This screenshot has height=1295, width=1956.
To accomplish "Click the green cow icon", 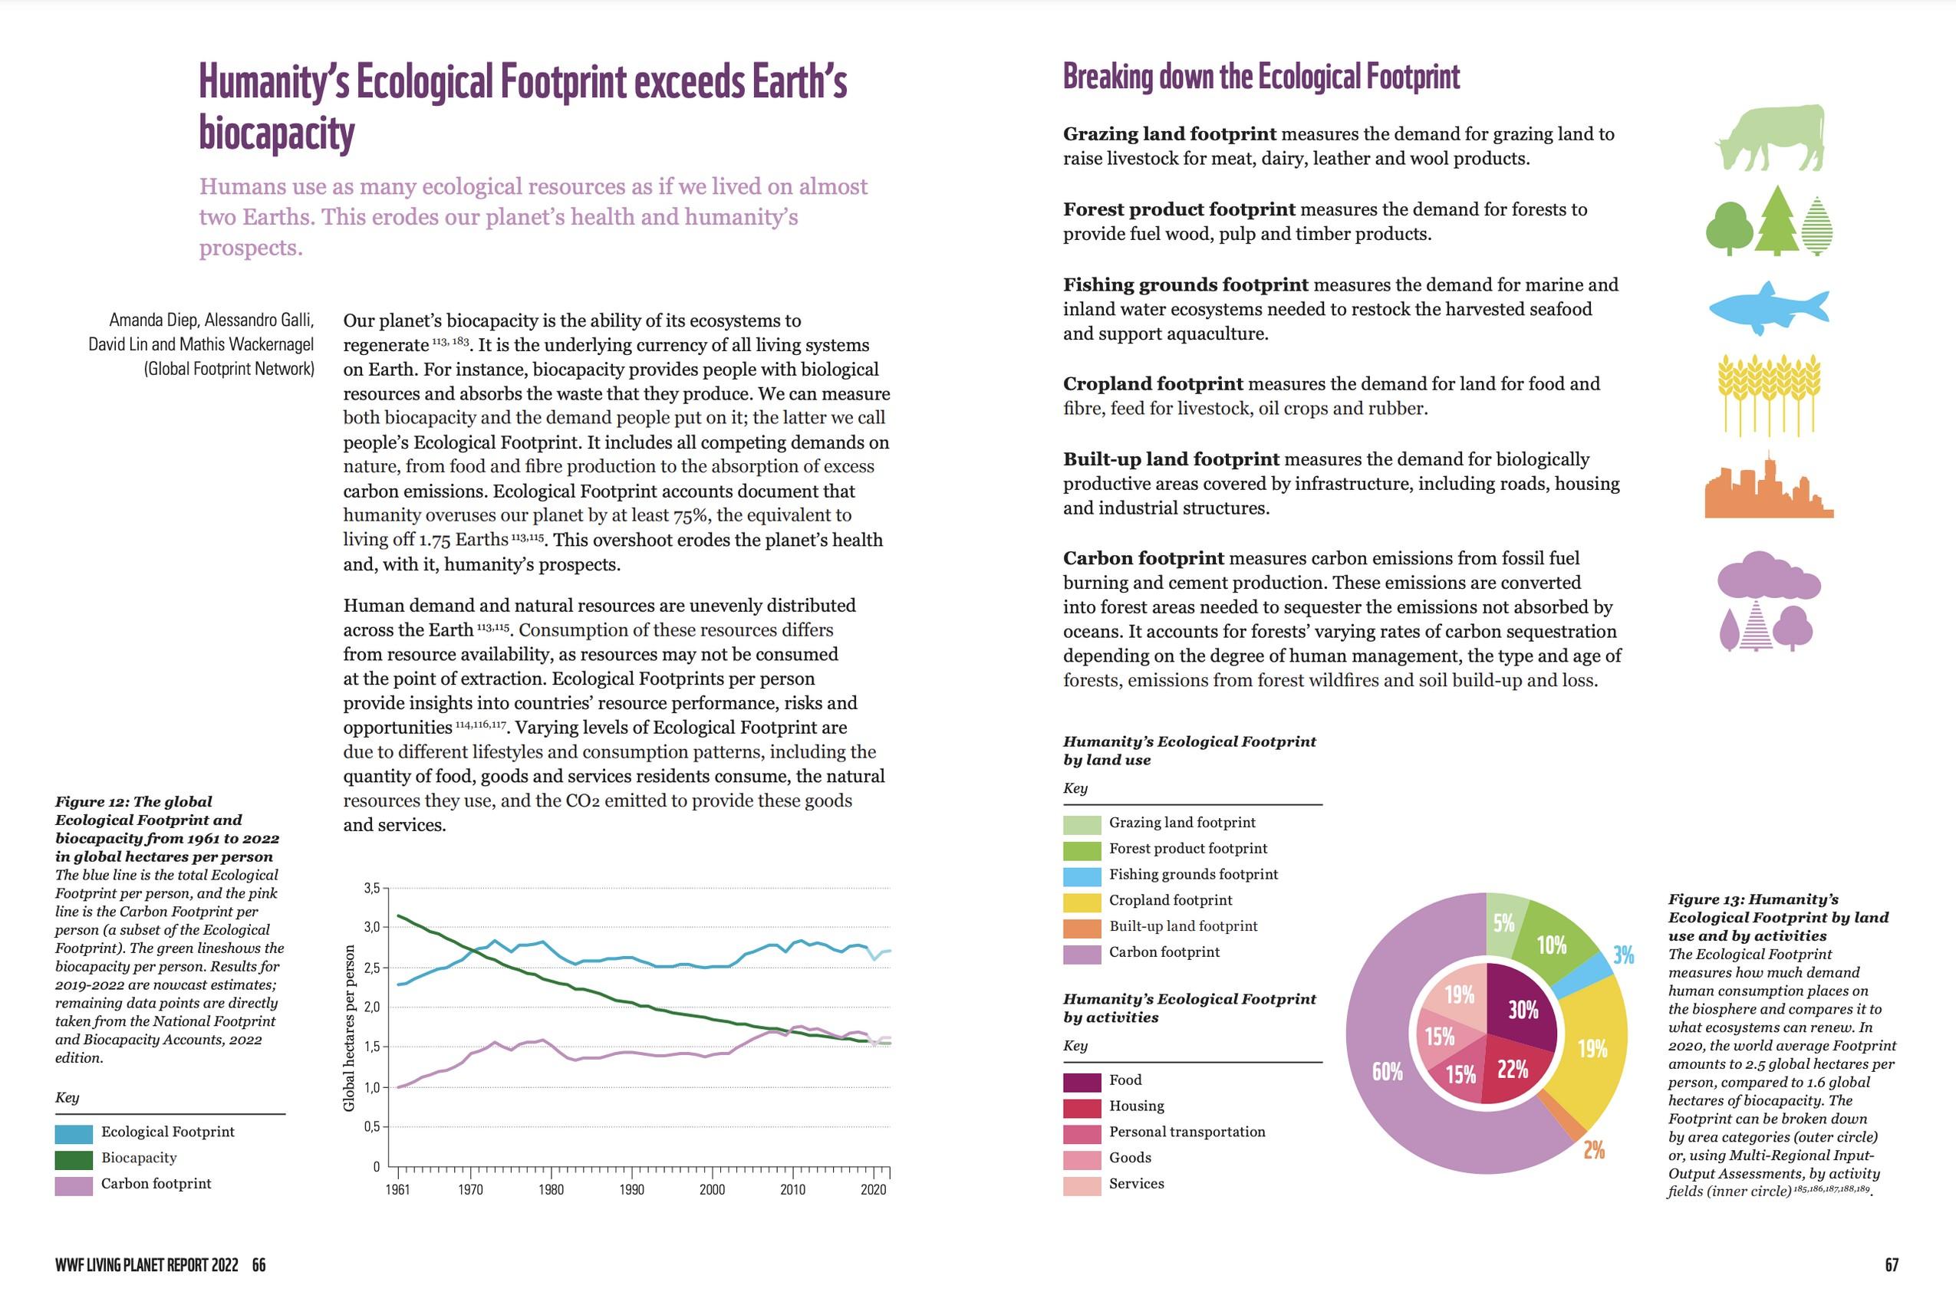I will pyautogui.click(x=1770, y=138).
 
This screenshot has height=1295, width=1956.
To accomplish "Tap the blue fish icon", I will pyautogui.click(x=1767, y=309).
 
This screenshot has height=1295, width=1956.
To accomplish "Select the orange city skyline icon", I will pyautogui.click(x=1767, y=490).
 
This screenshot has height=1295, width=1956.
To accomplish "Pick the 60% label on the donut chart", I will pyautogui.click(x=1387, y=1071).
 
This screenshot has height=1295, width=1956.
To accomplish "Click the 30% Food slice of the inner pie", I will pyautogui.click(x=1522, y=1009).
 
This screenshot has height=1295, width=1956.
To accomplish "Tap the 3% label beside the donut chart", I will pyautogui.click(x=1623, y=955).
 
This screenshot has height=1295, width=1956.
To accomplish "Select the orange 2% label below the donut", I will pyautogui.click(x=1593, y=1149).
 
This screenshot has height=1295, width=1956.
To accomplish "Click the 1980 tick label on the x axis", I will pyautogui.click(x=551, y=1190).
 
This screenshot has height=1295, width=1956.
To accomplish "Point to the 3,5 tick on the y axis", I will pyautogui.click(x=371, y=889).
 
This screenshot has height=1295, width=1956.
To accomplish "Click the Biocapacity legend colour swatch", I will pyautogui.click(x=74, y=1159).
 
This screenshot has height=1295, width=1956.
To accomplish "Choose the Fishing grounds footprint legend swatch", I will pyautogui.click(x=1082, y=876).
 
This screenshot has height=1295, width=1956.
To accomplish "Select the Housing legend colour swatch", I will pyautogui.click(x=1082, y=1106).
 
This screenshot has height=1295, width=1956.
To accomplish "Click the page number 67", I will pyautogui.click(x=1892, y=1264).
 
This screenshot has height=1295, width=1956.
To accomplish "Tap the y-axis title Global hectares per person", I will pyautogui.click(x=350, y=1028).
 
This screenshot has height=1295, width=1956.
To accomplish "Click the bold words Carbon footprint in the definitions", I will pyautogui.click(x=1143, y=558).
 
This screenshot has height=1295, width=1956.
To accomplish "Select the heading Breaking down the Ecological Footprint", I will pyautogui.click(x=1260, y=77).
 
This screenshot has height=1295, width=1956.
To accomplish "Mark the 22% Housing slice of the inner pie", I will pyautogui.click(x=1512, y=1070).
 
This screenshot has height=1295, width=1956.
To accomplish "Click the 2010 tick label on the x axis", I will pyautogui.click(x=792, y=1190).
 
